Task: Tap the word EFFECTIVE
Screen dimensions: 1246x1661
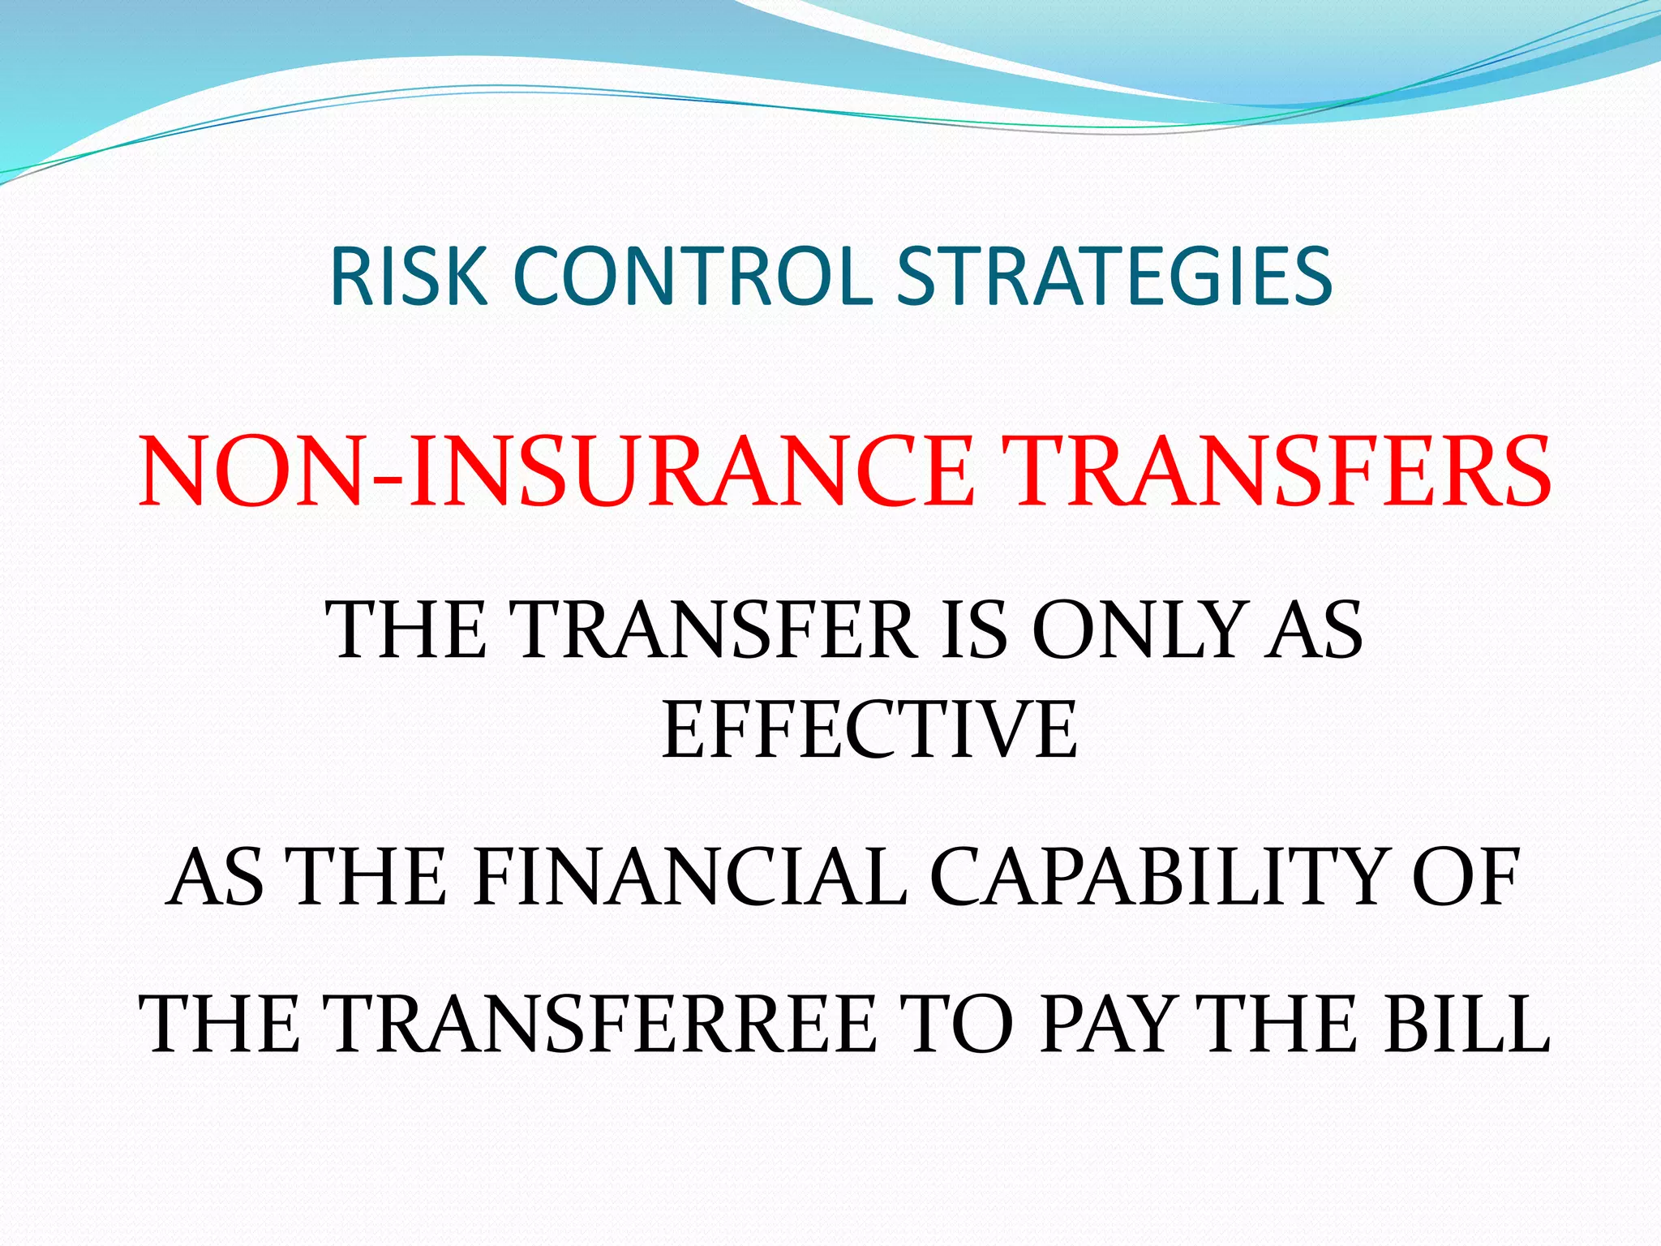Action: [x=869, y=732]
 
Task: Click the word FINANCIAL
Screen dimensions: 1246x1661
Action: [x=690, y=879]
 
